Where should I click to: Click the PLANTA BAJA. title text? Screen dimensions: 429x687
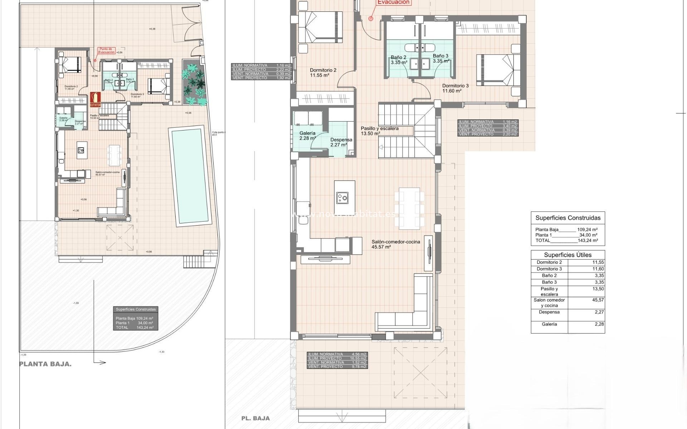click(x=45, y=364)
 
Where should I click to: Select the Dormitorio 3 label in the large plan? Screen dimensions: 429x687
click(x=455, y=86)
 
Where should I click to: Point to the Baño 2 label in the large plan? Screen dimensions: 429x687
click(x=398, y=57)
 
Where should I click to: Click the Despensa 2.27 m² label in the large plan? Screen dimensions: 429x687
click(x=341, y=142)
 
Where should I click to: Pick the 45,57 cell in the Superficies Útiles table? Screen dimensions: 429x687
click(x=598, y=300)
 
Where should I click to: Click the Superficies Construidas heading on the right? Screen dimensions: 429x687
click(x=568, y=218)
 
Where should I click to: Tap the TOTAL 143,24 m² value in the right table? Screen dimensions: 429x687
click(x=588, y=241)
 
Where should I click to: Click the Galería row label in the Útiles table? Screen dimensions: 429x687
click(x=549, y=324)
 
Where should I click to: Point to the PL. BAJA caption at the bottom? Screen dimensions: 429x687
click(x=255, y=418)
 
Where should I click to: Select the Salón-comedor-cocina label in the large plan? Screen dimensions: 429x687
click(x=395, y=242)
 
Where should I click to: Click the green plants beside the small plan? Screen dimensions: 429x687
click(x=194, y=84)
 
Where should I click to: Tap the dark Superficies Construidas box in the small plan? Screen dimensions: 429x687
click(x=136, y=318)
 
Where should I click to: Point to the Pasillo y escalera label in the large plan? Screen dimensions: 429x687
click(x=379, y=128)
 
